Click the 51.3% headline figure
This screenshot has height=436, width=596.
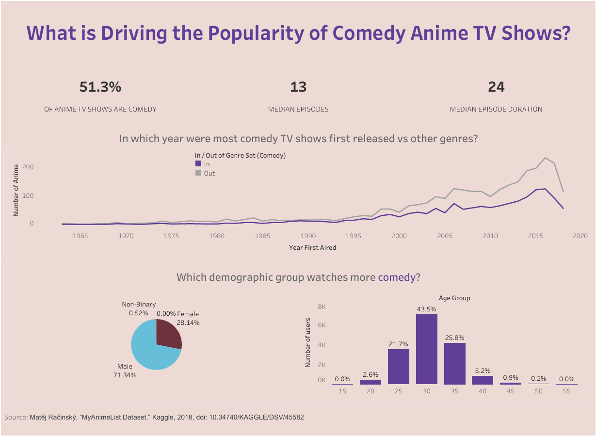[100, 87]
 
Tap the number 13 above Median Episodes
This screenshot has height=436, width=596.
[298, 87]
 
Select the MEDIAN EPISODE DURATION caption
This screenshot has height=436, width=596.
[496, 109]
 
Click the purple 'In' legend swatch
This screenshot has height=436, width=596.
[198, 164]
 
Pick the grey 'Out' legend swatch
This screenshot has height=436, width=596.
[198, 173]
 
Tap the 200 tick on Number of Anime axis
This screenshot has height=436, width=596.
[28, 167]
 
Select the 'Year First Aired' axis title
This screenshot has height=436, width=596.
[312, 247]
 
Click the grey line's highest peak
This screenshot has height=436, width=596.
[545, 158]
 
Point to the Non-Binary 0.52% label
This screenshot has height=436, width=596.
[139, 309]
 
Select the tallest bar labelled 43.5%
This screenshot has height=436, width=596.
[427, 349]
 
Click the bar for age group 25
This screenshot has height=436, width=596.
[399, 366]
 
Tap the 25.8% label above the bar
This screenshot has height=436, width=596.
[455, 337]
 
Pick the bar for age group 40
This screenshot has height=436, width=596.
[483, 380]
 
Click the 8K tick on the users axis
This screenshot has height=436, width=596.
[322, 307]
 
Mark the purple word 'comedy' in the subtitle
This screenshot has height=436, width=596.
[396, 277]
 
